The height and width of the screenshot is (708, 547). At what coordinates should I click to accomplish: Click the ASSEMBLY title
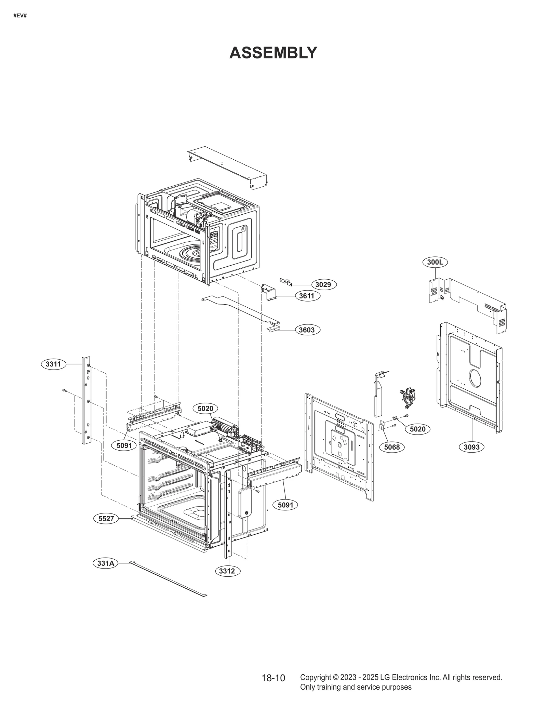pyautogui.click(x=273, y=53)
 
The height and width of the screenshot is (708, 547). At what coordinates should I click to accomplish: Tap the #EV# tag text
pyautogui.click(x=20, y=16)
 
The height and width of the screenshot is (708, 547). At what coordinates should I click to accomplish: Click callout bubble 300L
pyautogui.click(x=435, y=262)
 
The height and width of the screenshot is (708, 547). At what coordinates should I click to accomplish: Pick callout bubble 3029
pyautogui.click(x=323, y=284)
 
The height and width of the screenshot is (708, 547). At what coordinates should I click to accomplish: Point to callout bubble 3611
pyautogui.click(x=307, y=296)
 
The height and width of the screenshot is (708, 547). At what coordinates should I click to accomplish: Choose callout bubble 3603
pyautogui.click(x=307, y=330)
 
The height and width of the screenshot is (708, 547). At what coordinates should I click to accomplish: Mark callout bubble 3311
pyautogui.click(x=53, y=364)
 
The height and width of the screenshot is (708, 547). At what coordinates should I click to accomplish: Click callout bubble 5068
pyautogui.click(x=392, y=447)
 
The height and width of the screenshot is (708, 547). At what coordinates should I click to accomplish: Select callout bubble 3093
pyautogui.click(x=471, y=447)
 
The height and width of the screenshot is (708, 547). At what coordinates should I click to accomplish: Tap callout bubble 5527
pyautogui.click(x=106, y=519)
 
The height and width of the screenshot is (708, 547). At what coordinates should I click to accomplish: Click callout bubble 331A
pyautogui.click(x=105, y=563)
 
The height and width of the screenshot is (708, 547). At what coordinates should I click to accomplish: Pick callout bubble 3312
pyautogui.click(x=227, y=571)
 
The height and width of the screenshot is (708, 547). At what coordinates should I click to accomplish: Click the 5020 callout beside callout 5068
pyautogui.click(x=417, y=429)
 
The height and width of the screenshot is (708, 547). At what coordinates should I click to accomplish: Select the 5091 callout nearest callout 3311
pyautogui.click(x=124, y=445)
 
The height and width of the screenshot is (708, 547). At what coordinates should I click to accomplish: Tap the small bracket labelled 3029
pyautogui.click(x=285, y=282)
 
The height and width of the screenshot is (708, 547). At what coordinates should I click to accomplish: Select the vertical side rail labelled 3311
pyautogui.click(x=86, y=400)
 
